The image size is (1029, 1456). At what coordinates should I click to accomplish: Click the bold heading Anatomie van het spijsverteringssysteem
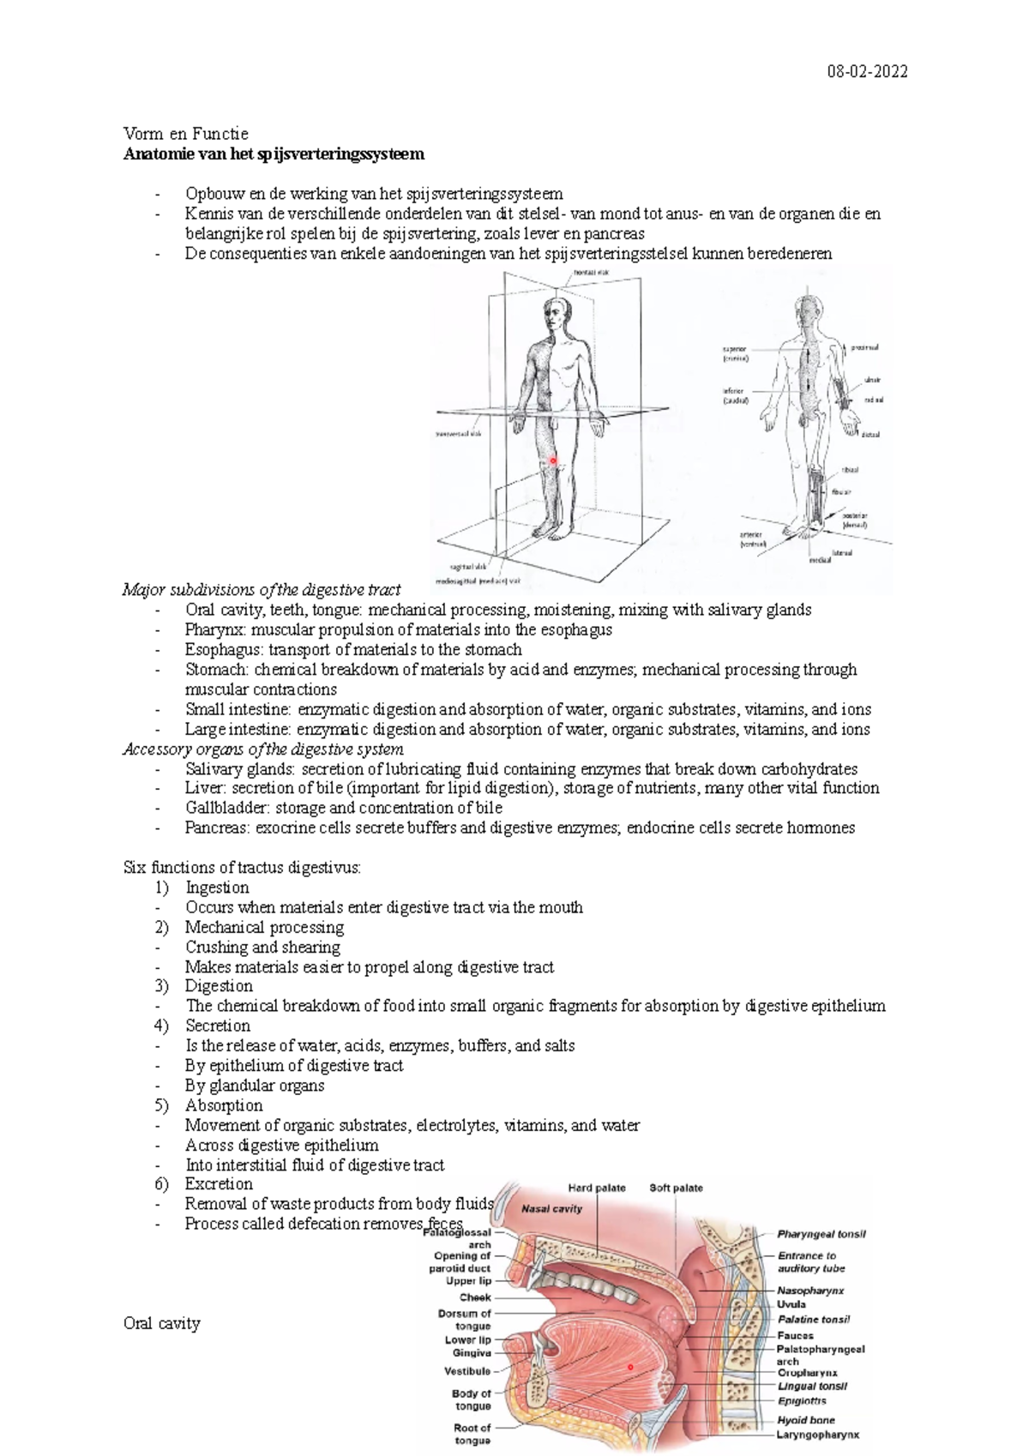(274, 154)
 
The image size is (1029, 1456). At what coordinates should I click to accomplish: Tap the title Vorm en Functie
(186, 134)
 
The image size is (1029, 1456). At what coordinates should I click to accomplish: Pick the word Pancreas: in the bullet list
(218, 827)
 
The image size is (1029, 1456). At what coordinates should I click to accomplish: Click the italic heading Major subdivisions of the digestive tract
(262, 590)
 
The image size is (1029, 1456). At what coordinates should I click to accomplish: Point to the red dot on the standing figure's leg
(553, 460)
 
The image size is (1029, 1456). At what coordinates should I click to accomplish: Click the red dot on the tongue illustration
(630, 1366)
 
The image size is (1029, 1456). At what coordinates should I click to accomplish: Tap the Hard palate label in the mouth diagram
(597, 1188)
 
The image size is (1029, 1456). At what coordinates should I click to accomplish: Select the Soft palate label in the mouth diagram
(676, 1188)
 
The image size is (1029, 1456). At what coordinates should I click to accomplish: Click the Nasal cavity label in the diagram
(552, 1208)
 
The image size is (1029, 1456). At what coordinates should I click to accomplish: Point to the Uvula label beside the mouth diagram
(791, 1304)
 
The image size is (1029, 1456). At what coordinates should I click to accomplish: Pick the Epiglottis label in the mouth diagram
(802, 1400)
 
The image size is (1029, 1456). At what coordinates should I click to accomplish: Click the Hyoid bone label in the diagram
(805, 1420)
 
